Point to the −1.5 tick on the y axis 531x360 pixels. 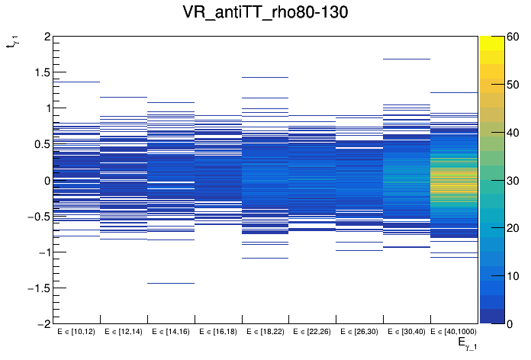(x=37, y=288)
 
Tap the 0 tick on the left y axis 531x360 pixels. (x=47, y=181)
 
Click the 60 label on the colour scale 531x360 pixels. (x=514, y=37)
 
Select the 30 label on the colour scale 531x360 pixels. (x=514, y=180)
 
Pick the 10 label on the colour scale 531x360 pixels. (x=514, y=276)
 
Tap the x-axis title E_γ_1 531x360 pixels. (x=467, y=344)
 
